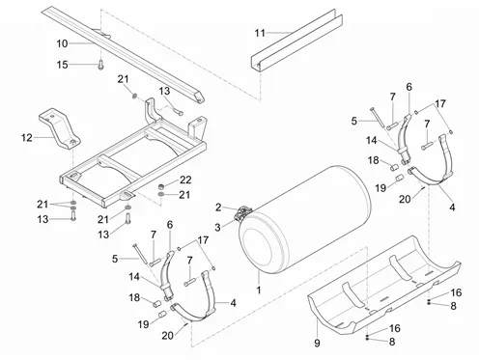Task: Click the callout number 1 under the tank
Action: [x=259, y=291]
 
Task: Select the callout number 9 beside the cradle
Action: [x=317, y=343]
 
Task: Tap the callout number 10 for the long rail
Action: [x=63, y=43]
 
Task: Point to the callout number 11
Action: [x=260, y=33]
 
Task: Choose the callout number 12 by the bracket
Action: [x=27, y=138]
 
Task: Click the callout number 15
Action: [x=63, y=65]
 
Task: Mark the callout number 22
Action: [x=185, y=180]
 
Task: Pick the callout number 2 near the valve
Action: [x=218, y=208]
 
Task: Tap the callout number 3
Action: [x=218, y=228]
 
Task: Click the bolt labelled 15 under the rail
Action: [x=100, y=65]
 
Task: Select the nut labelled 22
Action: [x=161, y=186]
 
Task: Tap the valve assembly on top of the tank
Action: [x=243, y=214]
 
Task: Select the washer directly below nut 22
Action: [x=161, y=194]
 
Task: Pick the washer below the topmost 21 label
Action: [x=135, y=96]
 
